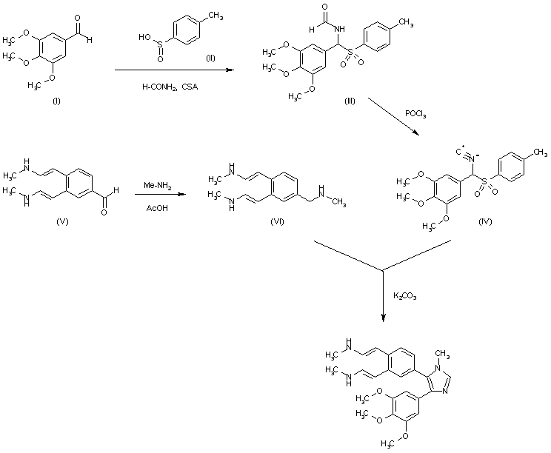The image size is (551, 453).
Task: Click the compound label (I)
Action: (56, 100)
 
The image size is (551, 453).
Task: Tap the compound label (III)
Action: (349, 101)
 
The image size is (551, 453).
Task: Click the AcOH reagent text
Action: (155, 208)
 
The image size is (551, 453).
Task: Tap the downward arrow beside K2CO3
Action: (384, 296)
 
